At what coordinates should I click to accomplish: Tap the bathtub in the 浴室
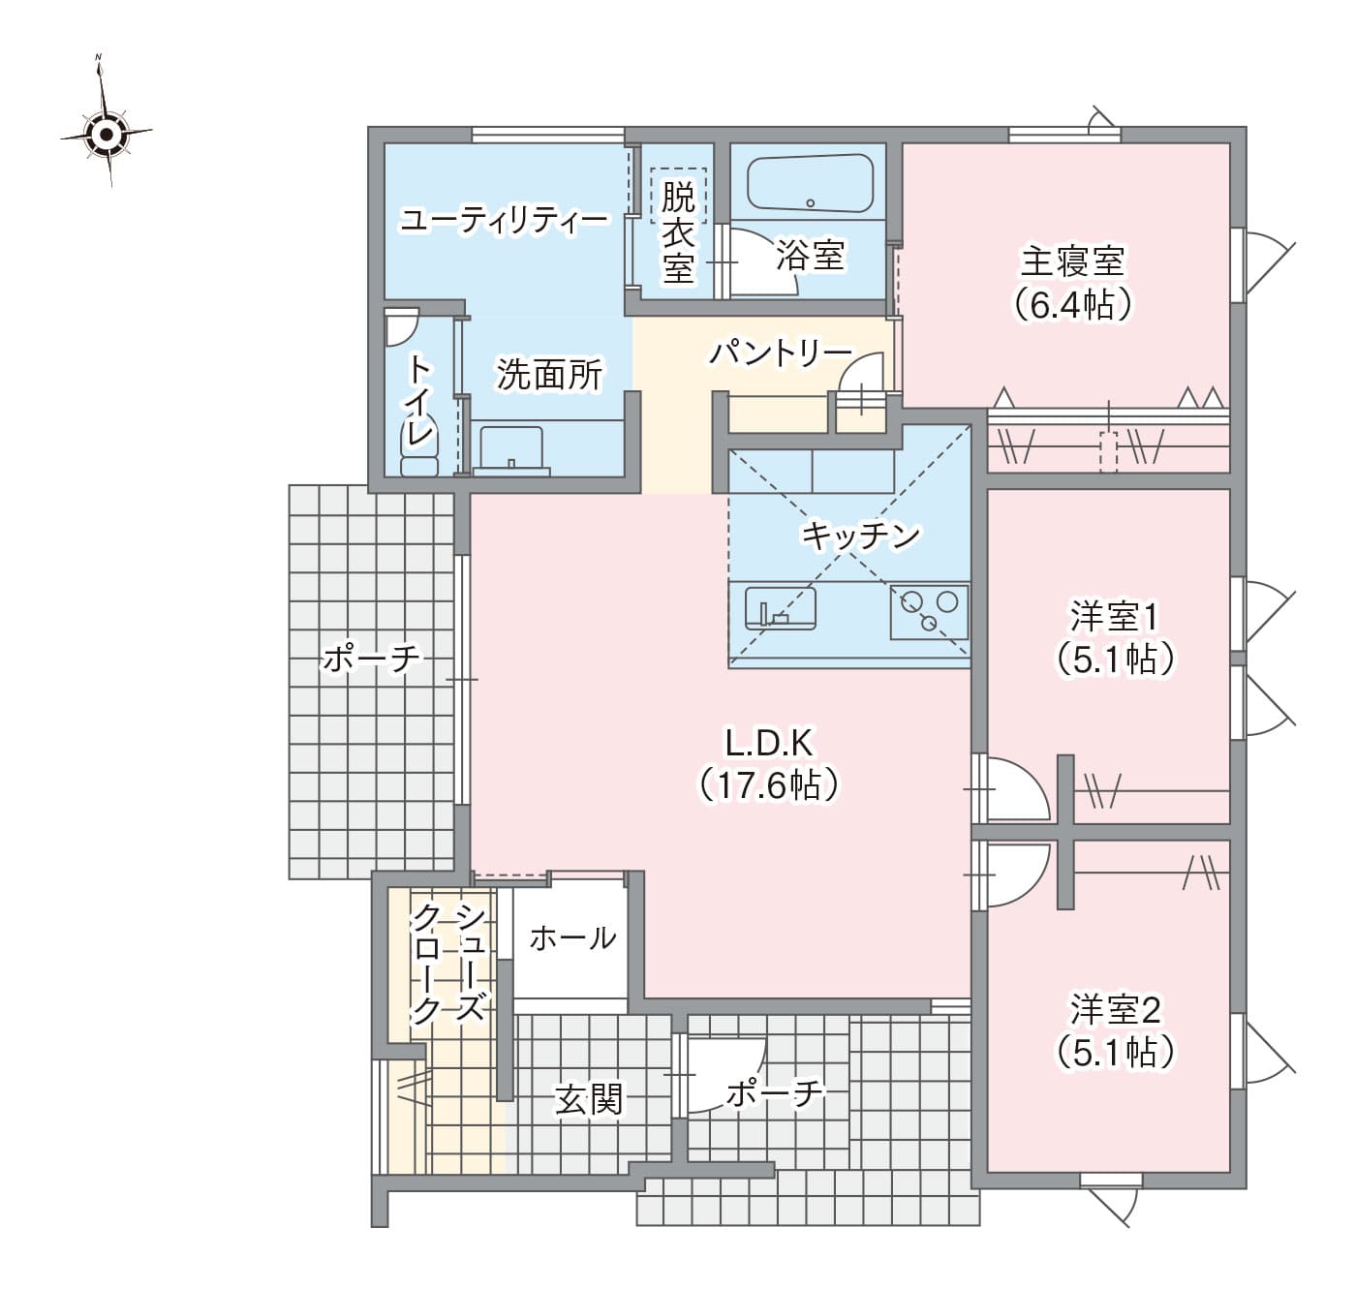(x=810, y=183)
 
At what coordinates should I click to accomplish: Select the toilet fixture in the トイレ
(x=418, y=445)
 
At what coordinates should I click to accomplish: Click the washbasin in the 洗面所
(x=511, y=449)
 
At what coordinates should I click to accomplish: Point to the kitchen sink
(x=780, y=607)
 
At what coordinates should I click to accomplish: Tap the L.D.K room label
(x=769, y=743)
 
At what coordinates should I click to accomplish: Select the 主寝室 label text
(x=1072, y=261)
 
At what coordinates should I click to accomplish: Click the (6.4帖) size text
(x=1072, y=304)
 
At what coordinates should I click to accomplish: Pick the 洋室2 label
(x=1115, y=1009)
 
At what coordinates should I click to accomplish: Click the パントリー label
(x=781, y=353)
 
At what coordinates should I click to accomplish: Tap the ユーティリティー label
(x=505, y=220)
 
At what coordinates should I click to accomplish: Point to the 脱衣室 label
(x=678, y=232)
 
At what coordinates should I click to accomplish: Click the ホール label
(x=572, y=938)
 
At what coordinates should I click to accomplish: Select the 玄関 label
(x=589, y=1098)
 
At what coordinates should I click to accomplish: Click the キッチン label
(x=860, y=535)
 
